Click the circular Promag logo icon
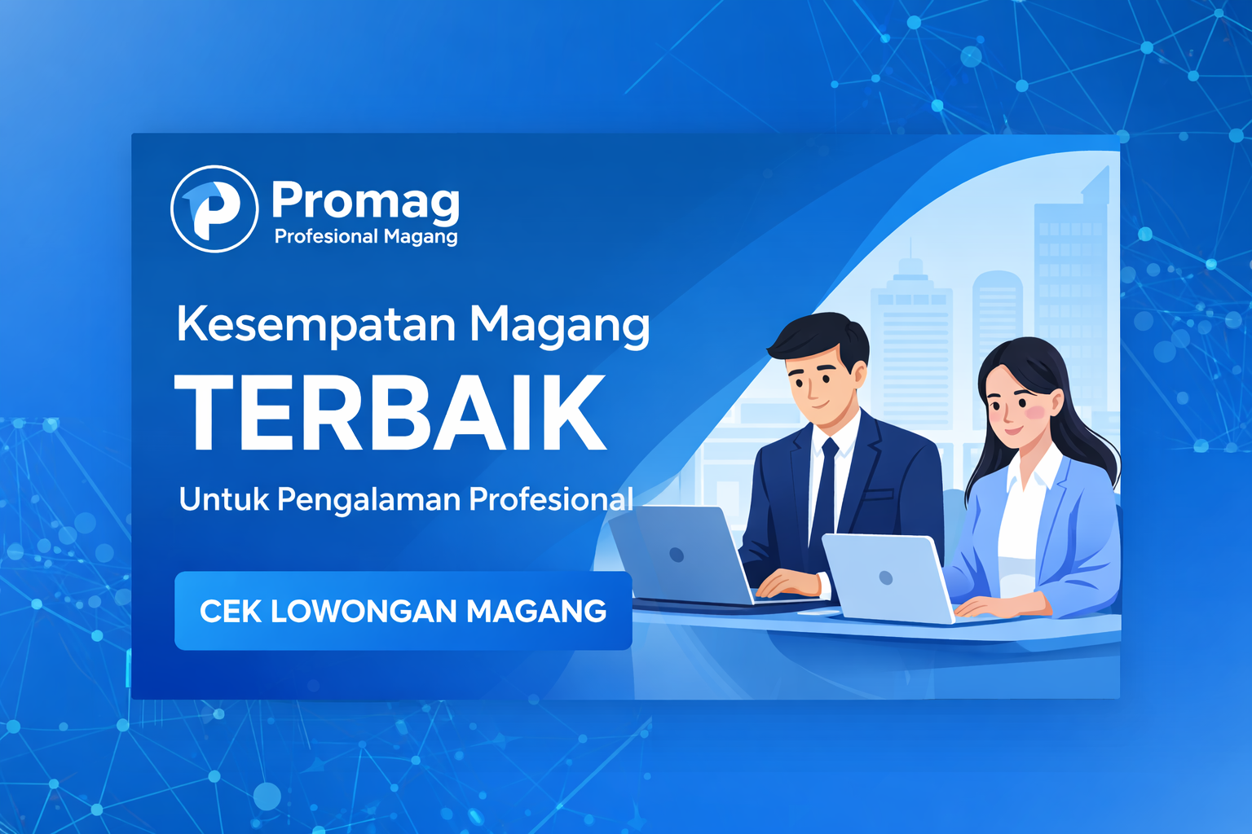click(214, 208)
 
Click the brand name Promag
click(365, 200)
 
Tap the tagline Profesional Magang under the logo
click(366, 237)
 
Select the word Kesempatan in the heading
click(316, 324)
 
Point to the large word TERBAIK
click(391, 414)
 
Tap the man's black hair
click(819, 336)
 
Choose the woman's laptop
click(887, 578)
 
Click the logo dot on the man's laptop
click(676, 555)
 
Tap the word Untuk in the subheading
click(223, 499)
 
